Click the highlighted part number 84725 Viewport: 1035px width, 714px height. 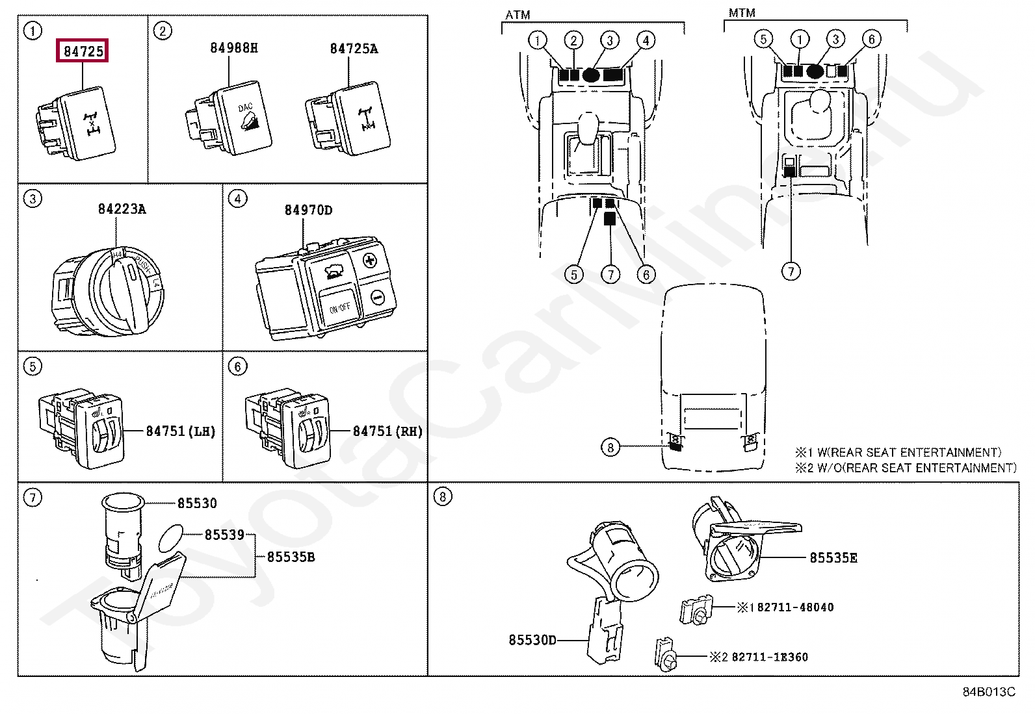click(83, 51)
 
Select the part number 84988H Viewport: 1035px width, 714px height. click(233, 48)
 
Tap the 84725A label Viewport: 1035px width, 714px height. click(354, 49)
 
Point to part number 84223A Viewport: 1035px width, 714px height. click(122, 209)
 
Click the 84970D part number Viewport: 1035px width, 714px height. click(308, 210)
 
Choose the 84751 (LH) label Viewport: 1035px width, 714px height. click(180, 431)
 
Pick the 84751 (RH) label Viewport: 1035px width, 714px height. click(387, 431)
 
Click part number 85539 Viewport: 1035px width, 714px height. click(224, 535)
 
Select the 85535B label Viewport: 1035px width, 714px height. click(291, 557)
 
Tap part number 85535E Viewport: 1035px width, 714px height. click(833, 557)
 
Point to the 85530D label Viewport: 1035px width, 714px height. click(532, 640)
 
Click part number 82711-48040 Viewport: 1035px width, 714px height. click(795, 607)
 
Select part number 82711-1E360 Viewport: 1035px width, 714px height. click(770, 657)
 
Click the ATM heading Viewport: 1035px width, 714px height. click(517, 14)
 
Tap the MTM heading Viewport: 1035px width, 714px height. click(742, 13)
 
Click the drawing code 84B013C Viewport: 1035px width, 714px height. click(988, 691)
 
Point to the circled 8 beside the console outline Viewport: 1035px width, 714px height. click(610, 447)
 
